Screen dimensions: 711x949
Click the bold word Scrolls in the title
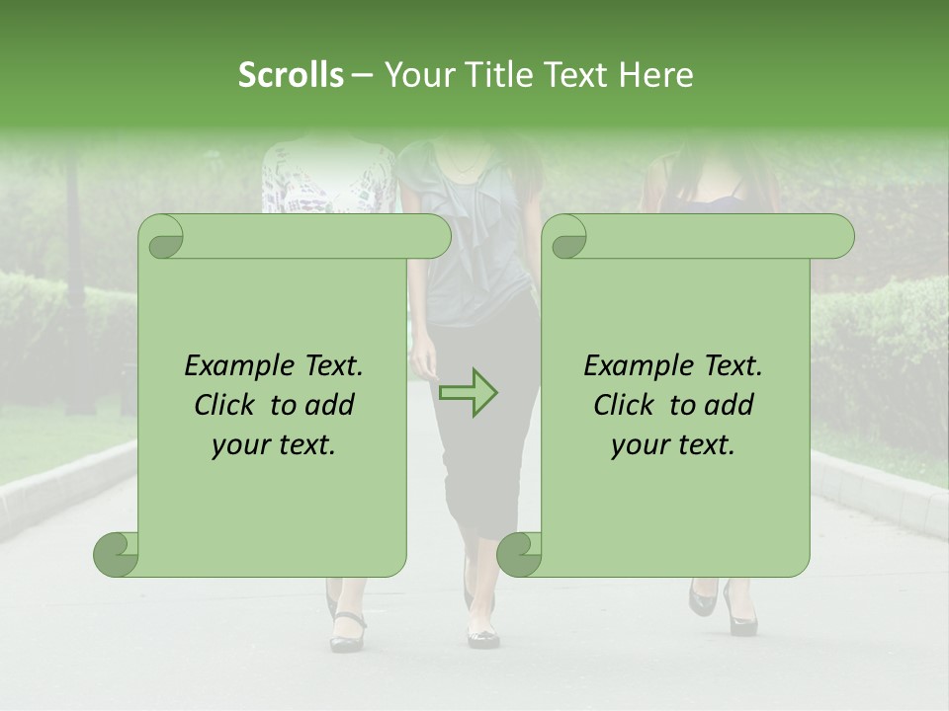(291, 75)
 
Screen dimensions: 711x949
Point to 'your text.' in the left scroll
(274, 445)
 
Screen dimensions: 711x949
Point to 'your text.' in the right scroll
(673, 445)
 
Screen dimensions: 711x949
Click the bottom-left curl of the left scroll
(117, 553)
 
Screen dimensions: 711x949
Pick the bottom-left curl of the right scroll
(519, 553)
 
